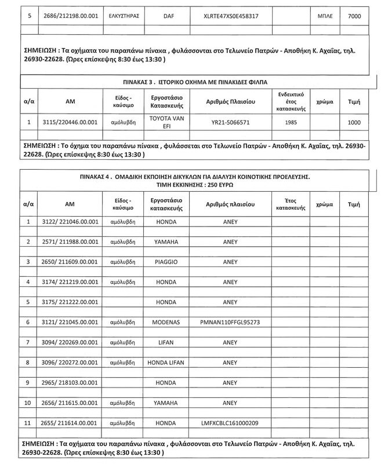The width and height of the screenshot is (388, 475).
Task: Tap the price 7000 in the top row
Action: coord(354,16)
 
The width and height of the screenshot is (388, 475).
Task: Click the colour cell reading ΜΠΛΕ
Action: coord(324,16)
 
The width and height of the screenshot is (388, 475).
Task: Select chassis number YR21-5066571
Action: coord(230,122)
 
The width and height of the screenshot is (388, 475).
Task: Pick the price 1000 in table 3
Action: coord(354,122)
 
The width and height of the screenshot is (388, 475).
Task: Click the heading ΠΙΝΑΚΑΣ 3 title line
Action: coord(194,82)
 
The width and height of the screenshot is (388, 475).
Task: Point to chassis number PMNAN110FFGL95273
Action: coord(230,321)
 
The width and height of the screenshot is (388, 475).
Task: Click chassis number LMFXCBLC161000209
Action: coord(230,423)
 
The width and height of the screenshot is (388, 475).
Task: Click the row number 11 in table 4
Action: coord(28,423)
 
